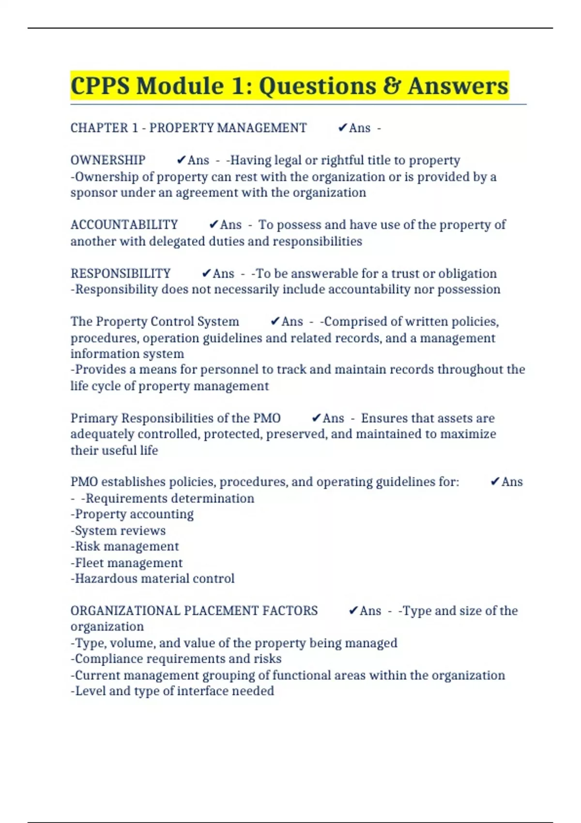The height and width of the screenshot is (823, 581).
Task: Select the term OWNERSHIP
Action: point(108,160)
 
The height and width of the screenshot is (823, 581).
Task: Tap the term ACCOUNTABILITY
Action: point(124,225)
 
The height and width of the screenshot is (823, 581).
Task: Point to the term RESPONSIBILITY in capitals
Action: point(121,274)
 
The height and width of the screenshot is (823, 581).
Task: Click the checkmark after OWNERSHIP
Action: point(181,160)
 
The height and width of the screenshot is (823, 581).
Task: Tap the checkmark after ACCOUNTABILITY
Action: point(214,224)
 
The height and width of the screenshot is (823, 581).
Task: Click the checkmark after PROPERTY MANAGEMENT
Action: point(342,128)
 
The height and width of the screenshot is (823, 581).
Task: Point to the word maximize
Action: point(468,434)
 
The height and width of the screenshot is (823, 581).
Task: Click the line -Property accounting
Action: point(132,514)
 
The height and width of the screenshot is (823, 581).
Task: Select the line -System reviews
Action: point(118,531)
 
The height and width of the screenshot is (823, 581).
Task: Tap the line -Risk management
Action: point(125,547)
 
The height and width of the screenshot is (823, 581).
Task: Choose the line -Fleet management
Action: point(127,563)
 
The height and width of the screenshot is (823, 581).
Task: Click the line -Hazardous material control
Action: point(153,579)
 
